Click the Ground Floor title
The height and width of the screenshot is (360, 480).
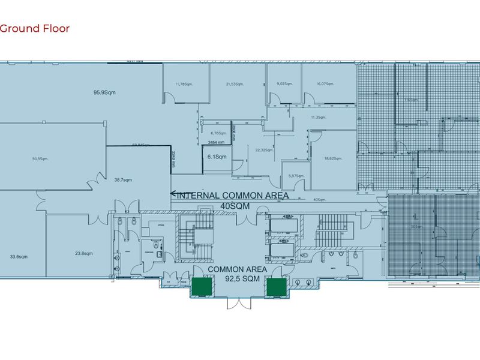(x=35, y=28)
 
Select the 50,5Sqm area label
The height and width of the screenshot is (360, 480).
(x=40, y=159)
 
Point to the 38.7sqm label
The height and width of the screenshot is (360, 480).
(x=123, y=179)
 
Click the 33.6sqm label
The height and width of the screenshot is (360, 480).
(x=19, y=256)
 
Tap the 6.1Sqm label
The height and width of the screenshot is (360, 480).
(x=217, y=157)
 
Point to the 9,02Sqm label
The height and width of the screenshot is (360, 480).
(x=284, y=85)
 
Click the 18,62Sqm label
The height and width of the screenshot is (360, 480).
(x=333, y=158)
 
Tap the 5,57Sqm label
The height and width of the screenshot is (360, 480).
(x=296, y=176)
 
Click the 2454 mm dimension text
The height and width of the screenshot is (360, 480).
(x=215, y=142)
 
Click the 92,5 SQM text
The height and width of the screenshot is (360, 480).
(x=237, y=279)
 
